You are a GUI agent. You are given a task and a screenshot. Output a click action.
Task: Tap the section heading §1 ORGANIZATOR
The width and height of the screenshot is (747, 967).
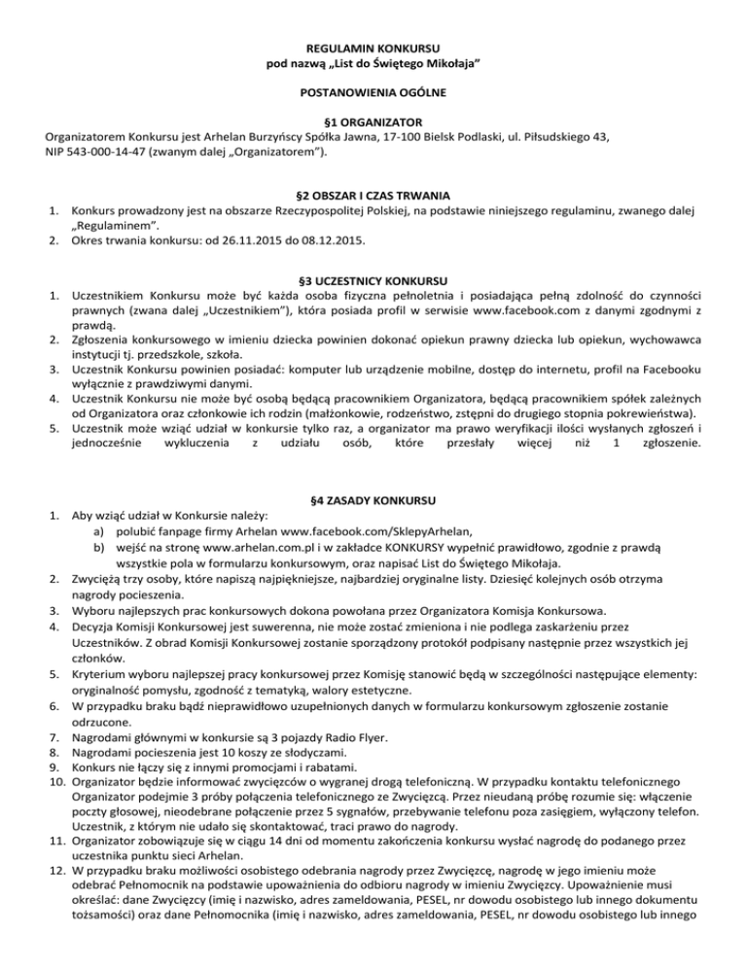[x=373, y=123]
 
